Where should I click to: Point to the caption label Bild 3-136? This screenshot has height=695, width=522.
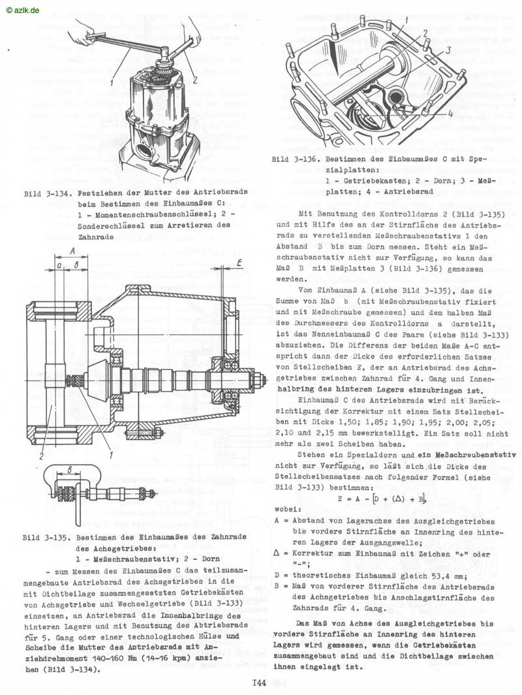tap(295, 159)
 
